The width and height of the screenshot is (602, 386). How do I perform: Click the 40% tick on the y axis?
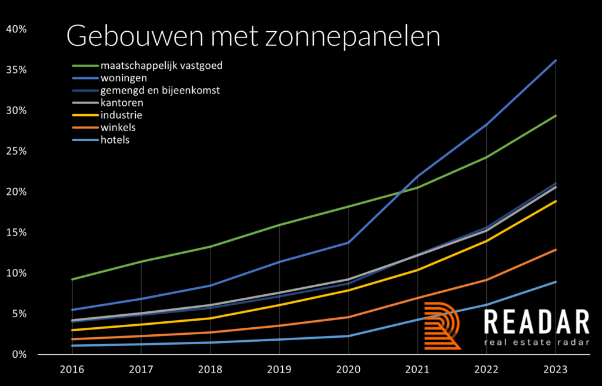click(x=16, y=29)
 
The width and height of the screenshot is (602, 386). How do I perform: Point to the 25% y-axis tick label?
click(x=16, y=151)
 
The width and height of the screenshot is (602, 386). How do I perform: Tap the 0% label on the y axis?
click(x=19, y=354)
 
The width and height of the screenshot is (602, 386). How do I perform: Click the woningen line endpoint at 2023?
click(x=555, y=61)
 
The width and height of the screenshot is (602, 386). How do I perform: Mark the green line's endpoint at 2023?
click(x=555, y=116)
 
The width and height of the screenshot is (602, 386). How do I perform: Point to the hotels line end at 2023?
click(x=555, y=282)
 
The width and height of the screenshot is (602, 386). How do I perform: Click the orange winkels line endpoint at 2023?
click(x=555, y=249)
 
